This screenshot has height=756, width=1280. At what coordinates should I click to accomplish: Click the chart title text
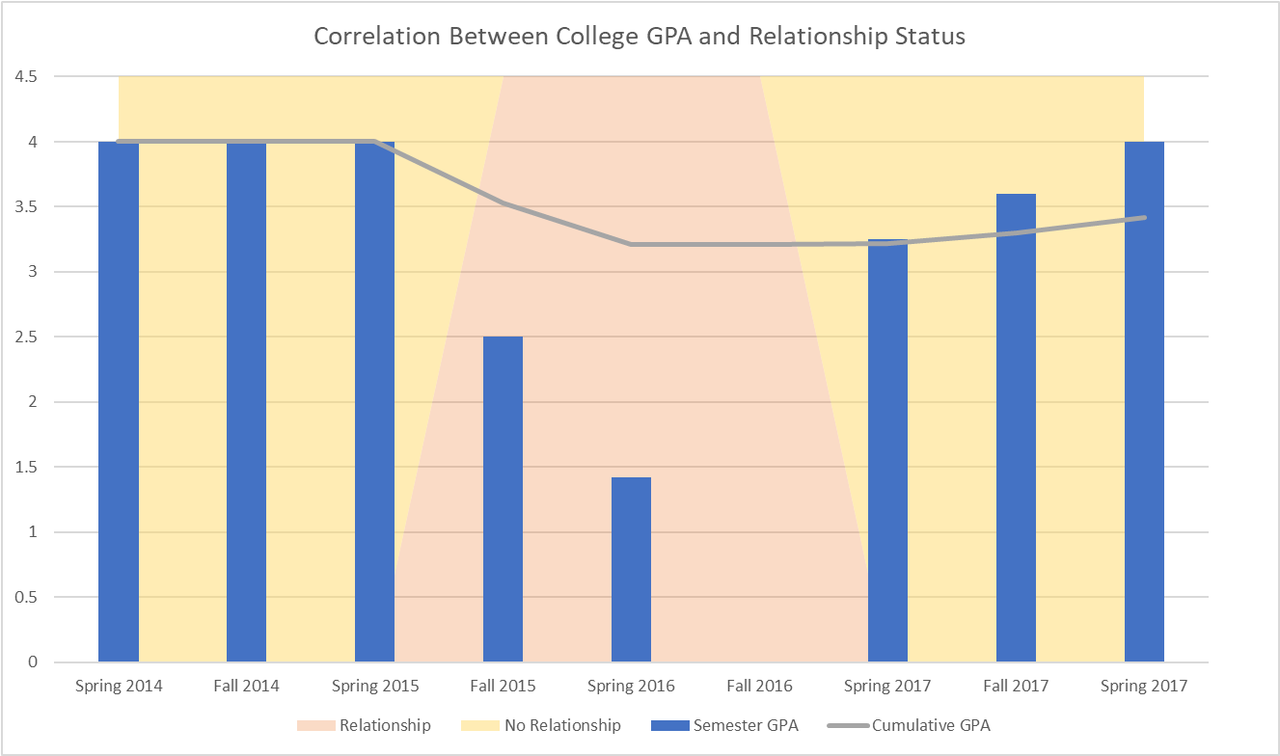pyautogui.click(x=640, y=38)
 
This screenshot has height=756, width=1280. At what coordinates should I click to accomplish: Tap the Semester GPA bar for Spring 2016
pyautogui.click(x=631, y=570)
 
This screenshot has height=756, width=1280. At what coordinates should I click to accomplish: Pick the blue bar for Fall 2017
pyautogui.click(x=1016, y=428)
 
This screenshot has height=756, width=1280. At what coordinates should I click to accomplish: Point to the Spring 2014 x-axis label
pyautogui.click(x=119, y=687)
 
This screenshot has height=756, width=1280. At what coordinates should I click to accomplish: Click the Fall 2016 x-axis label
pyautogui.click(x=759, y=687)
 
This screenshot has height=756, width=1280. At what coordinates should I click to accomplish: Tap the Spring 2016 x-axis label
pyautogui.click(x=631, y=687)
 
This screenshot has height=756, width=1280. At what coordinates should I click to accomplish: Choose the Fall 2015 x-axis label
pyautogui.click(x=503, y=687)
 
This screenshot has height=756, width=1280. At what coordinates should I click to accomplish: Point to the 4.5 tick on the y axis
pyautogui.click(x=26, y=76)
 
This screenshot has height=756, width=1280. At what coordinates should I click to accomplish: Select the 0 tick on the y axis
pyautogui.click(x=33, y=662)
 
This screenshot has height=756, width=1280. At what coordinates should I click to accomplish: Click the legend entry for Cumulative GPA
pyautogui.click(x=930, y=725)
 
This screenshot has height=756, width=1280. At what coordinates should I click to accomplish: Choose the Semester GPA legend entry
pyautogui.click(x=745, y=725)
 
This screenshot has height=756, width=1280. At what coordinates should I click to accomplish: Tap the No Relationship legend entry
pyautogui.click(x=562, y=725)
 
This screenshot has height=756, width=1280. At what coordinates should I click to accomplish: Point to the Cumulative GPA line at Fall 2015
pyautogui.click(x=503, y=203)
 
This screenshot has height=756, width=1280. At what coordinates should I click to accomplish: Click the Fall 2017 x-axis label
pyautogui.click(x=1016, y=687)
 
